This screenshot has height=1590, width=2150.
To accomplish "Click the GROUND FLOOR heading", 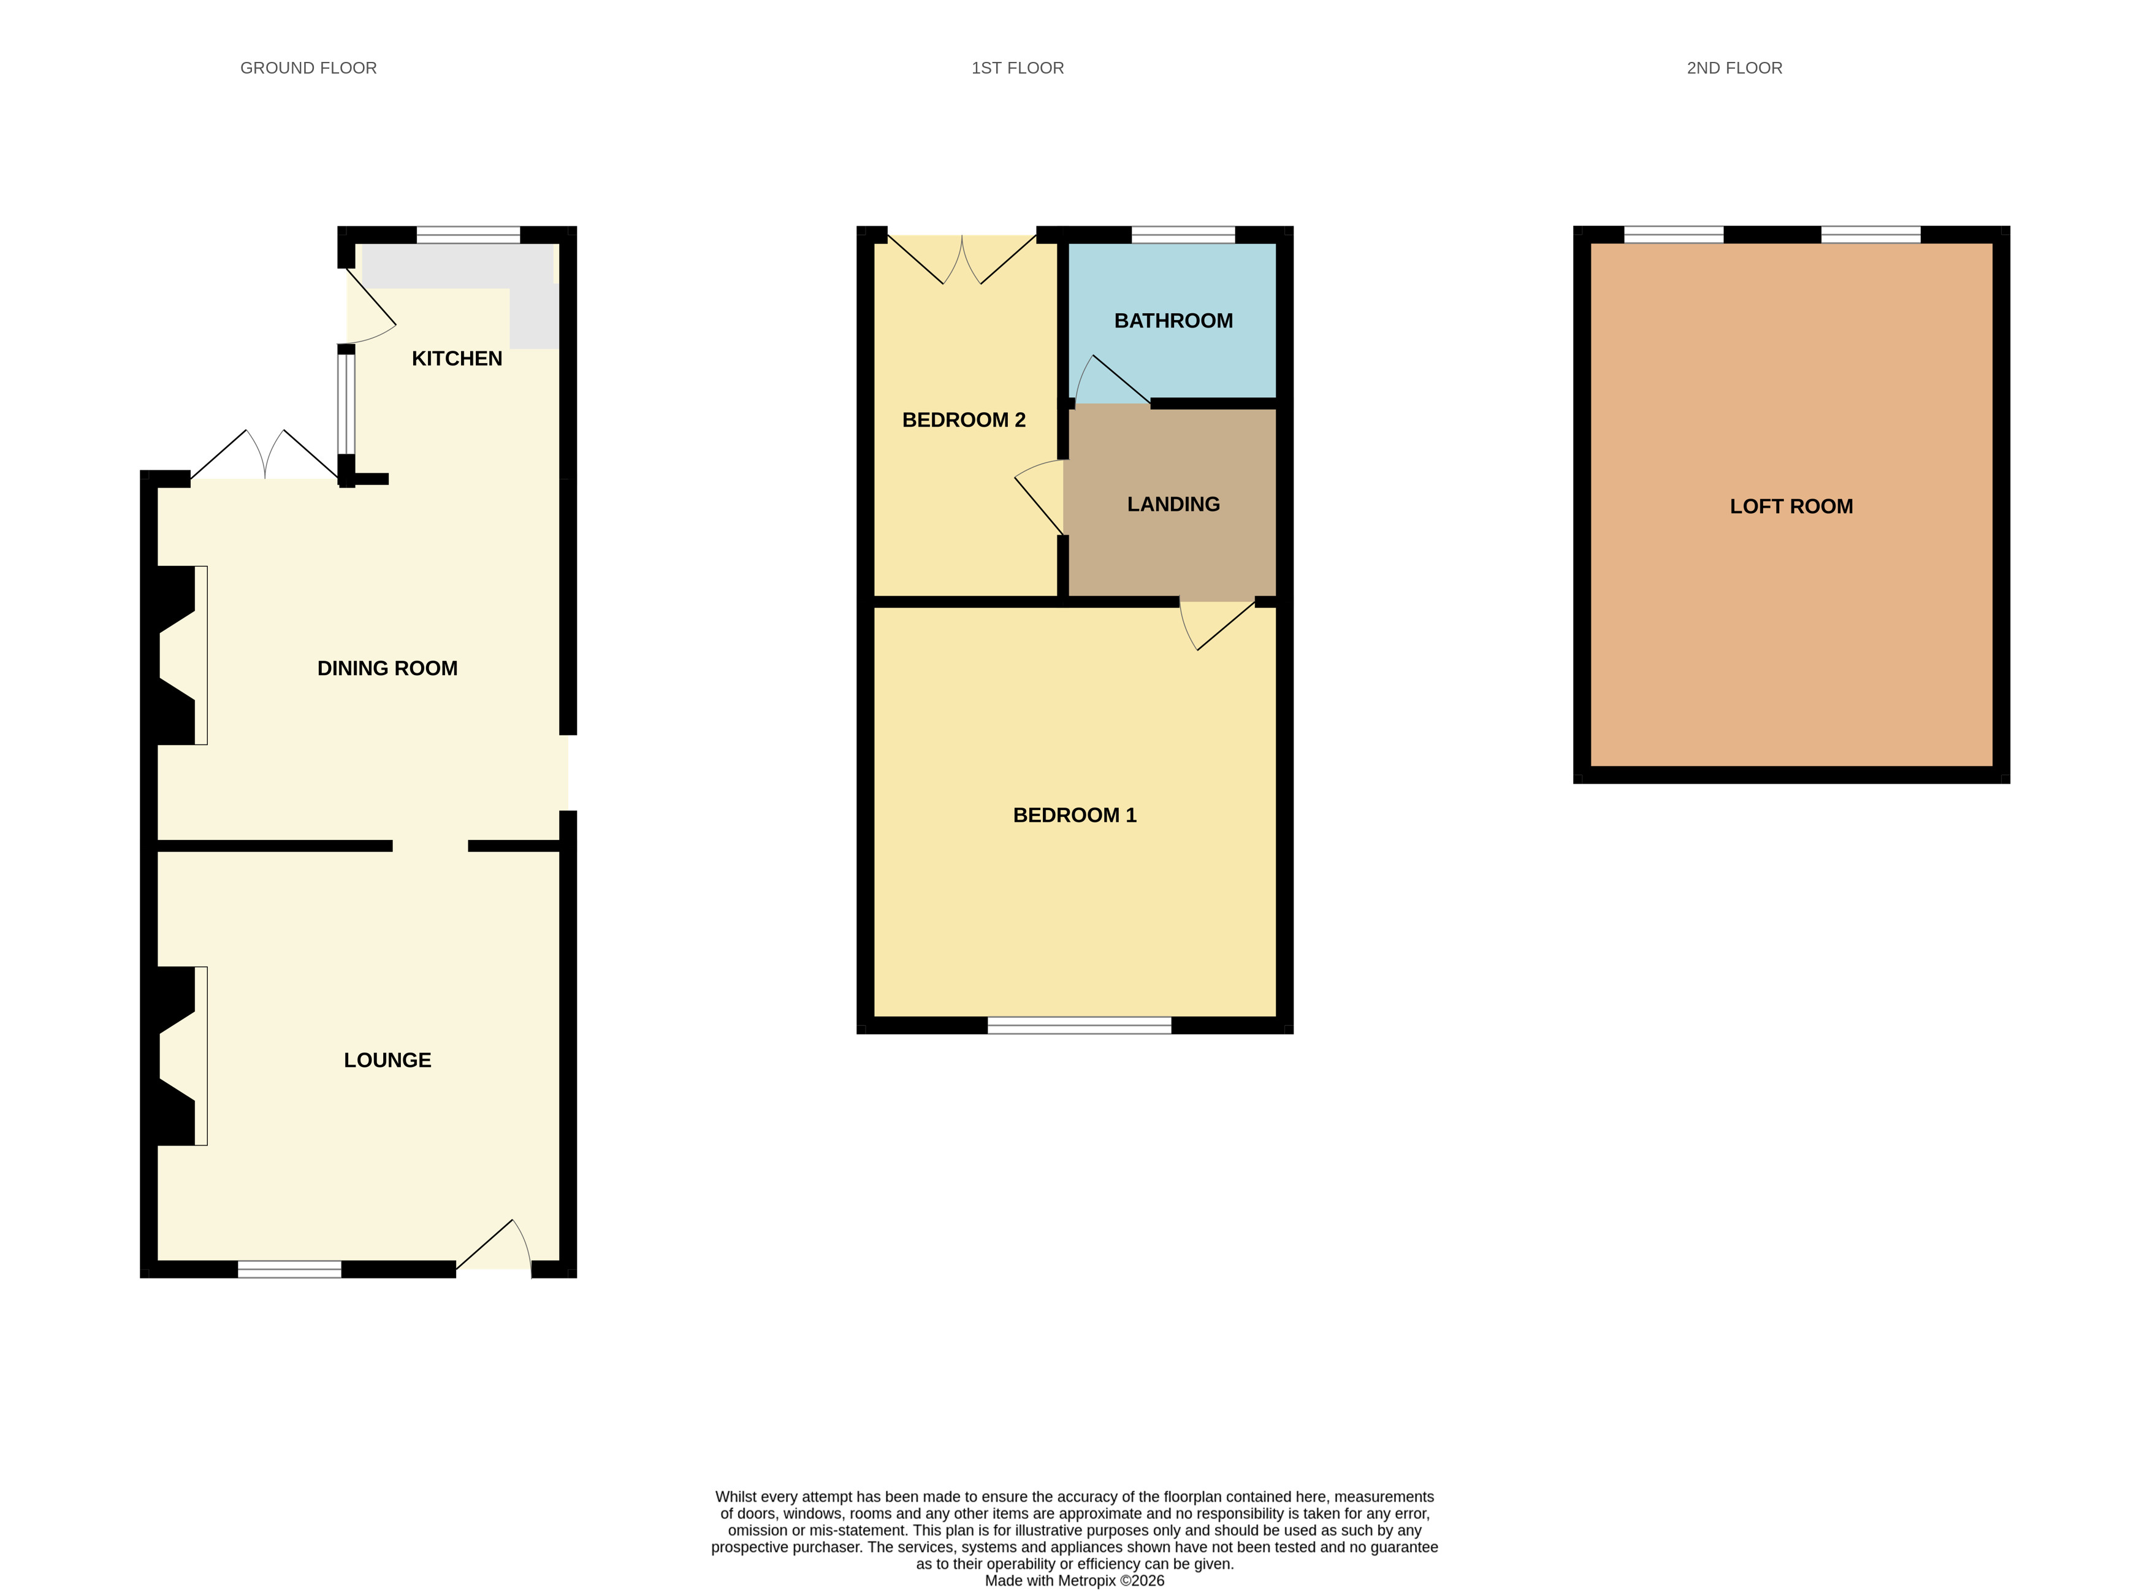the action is point(308,68).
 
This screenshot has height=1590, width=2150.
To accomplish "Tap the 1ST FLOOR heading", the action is point(1017,68).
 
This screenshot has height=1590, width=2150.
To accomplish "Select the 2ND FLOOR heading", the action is point(1734,68).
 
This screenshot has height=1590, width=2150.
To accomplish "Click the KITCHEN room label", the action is point(457,358).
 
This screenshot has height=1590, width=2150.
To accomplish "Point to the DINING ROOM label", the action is point(387,668).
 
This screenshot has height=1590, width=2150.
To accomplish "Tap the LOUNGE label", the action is point(387,1060).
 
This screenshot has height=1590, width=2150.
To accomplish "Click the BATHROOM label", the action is point(1173,321).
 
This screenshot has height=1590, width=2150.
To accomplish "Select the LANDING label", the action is point(1173,504).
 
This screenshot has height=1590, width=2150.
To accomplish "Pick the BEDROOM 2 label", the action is point(963,419).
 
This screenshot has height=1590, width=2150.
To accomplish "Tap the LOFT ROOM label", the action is point(1791,506).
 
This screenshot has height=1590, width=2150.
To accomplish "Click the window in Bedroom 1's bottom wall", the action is point(1079,1025).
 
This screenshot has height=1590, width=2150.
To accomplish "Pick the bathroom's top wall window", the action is point(1183,235).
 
